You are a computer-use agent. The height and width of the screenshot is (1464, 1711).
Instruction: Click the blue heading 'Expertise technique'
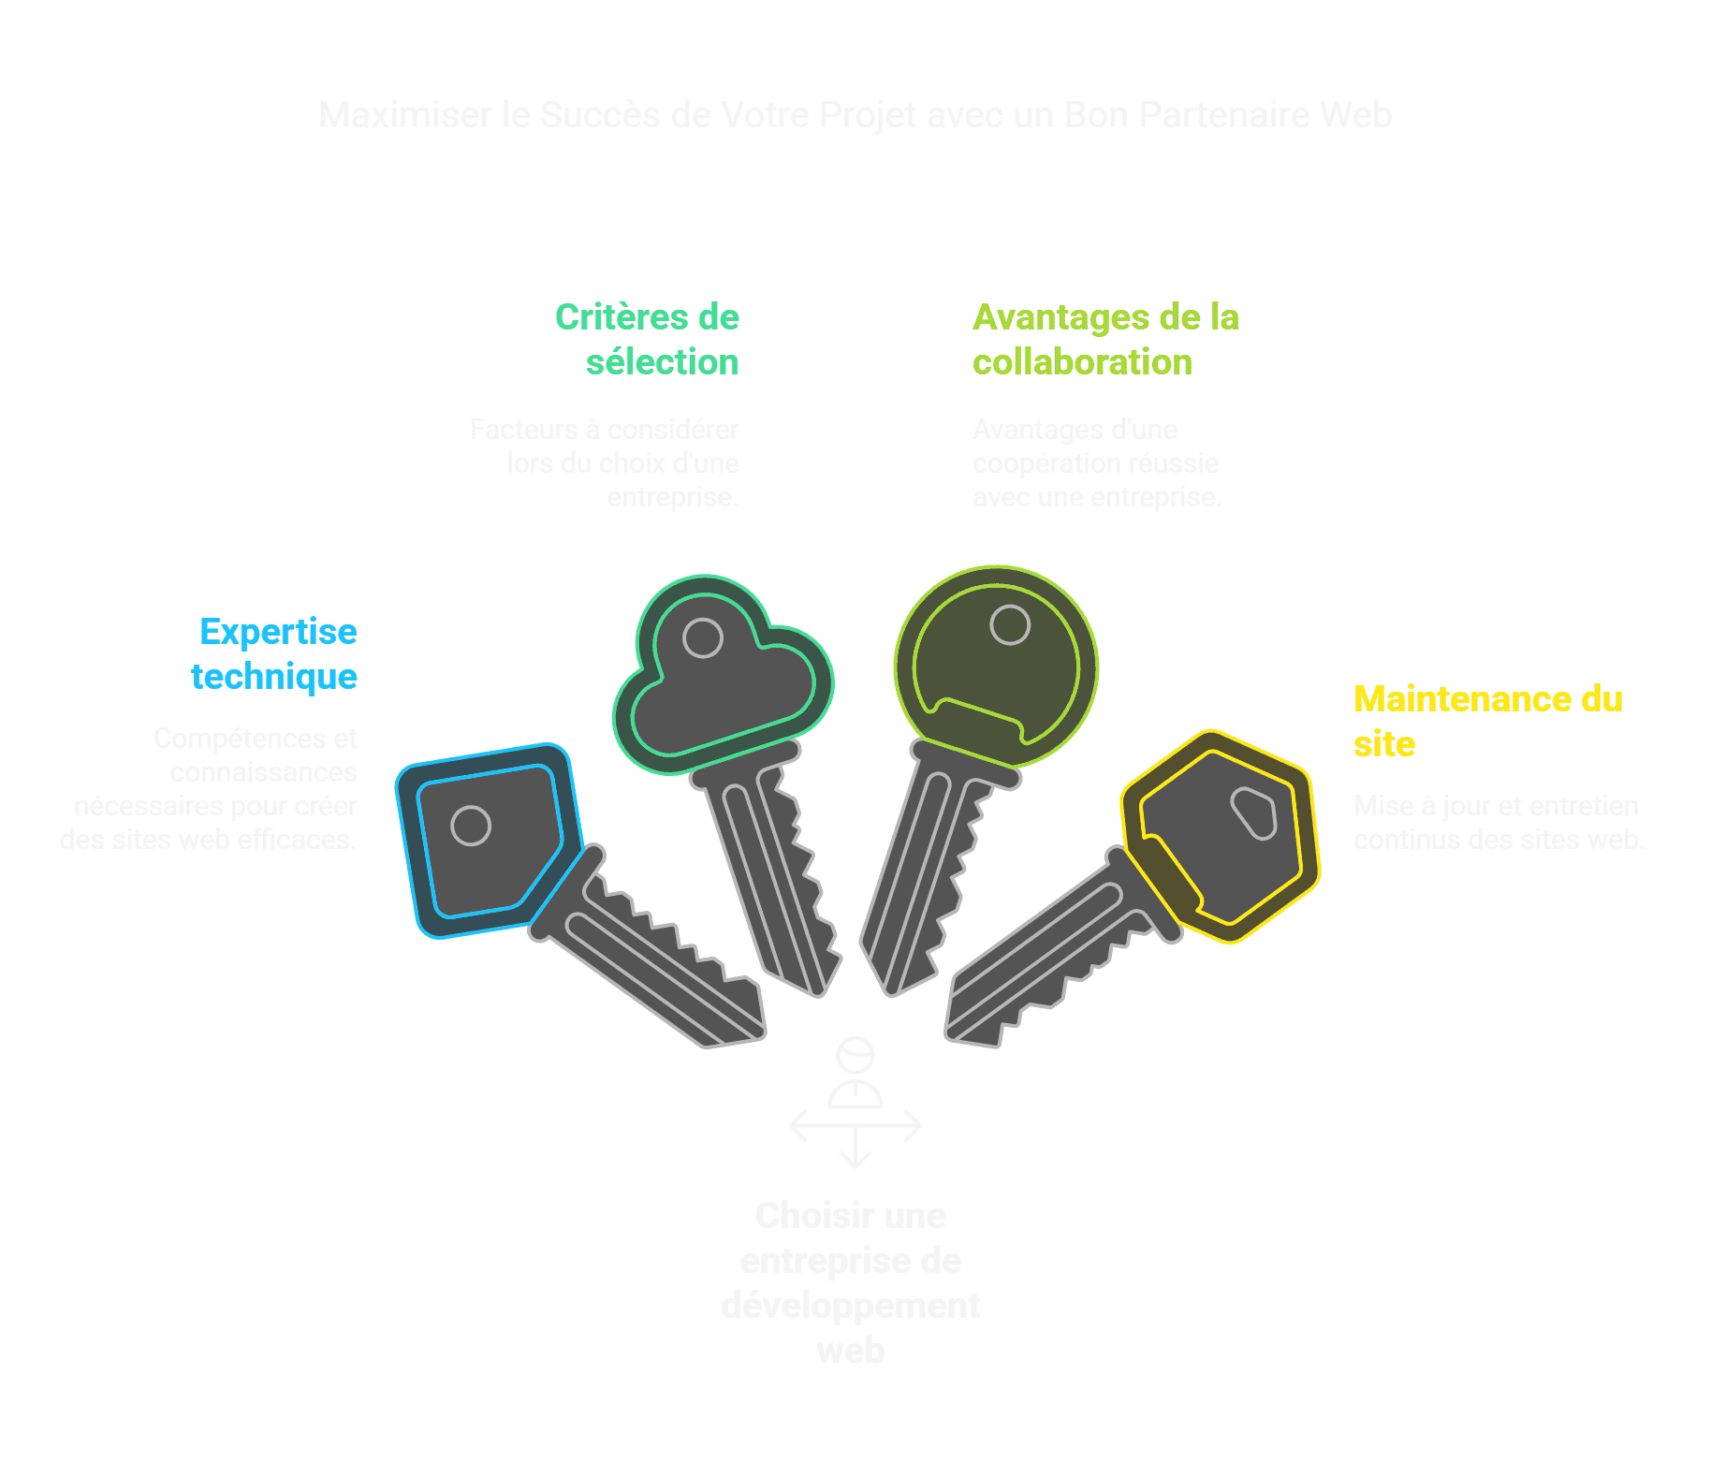coord(274,653)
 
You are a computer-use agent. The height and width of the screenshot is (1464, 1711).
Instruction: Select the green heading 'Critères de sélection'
coord(648,339)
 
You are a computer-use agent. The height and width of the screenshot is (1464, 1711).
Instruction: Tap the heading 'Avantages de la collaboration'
coord(1105,339)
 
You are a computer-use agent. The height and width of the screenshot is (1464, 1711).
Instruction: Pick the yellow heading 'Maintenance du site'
coord(1487,721)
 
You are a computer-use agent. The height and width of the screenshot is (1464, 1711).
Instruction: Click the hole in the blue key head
coord(471,826)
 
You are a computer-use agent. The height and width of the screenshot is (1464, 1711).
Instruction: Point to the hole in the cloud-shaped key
coord(702,638)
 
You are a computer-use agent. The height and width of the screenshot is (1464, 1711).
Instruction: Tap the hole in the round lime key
coord(1010,624)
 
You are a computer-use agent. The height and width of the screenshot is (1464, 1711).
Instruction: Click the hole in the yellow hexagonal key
coord(1253,813)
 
